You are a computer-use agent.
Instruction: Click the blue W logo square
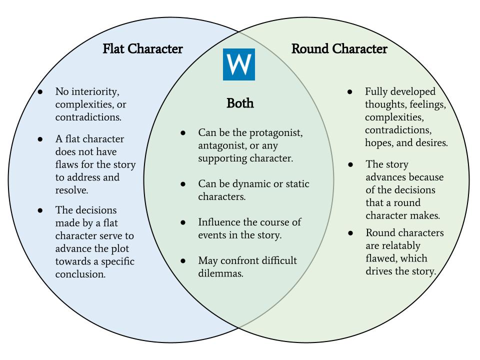tap(238, 64)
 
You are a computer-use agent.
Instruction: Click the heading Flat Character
tap(142, 49)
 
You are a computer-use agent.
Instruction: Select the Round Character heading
tap(339, 49)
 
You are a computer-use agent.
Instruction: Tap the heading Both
tap(240, 103)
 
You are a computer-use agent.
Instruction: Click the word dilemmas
tap(220, 273)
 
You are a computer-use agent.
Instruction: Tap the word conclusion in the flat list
tap(80, 274)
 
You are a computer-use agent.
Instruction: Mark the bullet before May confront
tap(183, 261)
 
